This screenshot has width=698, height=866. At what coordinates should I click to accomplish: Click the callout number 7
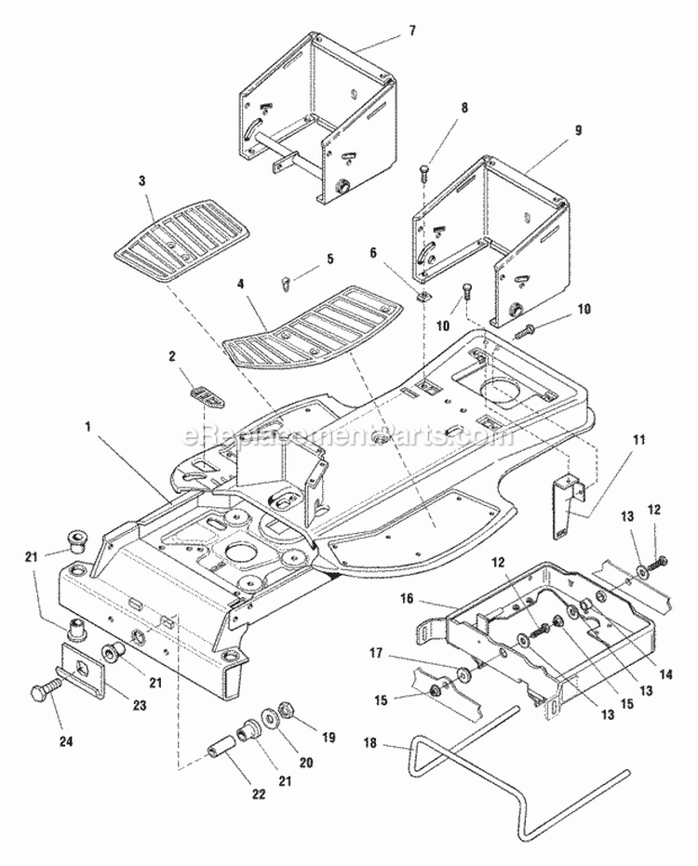(411, 30)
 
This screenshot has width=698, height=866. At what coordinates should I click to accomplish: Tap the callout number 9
(578, 131)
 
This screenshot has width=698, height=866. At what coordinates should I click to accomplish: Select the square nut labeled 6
(423, 298)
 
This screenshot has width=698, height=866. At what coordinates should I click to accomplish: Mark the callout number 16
(407, 598)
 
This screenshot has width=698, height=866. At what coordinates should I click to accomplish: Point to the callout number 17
(376, 653)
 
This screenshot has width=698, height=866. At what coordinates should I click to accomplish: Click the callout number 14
(666, 674)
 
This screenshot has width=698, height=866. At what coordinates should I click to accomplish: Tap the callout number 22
(258, 794)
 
